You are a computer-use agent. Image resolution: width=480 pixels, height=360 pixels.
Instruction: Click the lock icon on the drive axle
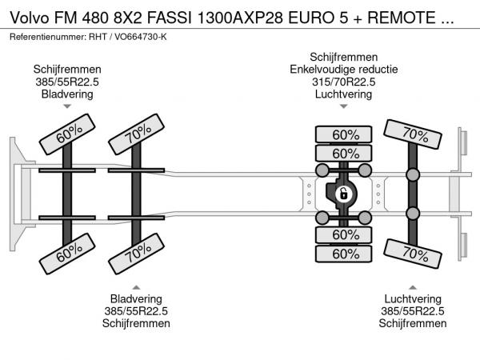point(343,194)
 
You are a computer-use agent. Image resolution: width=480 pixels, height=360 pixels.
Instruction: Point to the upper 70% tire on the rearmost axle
point(414,134)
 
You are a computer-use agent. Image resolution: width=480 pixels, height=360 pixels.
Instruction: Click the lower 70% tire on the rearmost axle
point(414,254)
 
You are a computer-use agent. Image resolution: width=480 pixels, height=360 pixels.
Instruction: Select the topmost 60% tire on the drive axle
point(345,134)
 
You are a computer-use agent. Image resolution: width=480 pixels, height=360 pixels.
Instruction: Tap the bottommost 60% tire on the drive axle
point(345,254)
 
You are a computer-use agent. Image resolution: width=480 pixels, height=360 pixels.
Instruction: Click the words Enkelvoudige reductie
point(343,69)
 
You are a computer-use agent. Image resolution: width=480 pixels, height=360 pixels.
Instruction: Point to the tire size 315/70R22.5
point(343,82)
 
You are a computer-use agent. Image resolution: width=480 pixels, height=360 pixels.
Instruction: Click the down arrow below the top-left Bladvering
point(67,106)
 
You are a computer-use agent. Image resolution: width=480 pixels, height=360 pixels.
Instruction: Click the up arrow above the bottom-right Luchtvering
point(413,287)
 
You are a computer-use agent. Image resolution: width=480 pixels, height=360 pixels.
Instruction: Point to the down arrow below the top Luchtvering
point(343,106)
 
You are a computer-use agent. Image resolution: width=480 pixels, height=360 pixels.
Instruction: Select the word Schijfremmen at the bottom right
point(413,323)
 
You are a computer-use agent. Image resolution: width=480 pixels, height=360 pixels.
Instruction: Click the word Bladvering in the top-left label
point(67,94)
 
